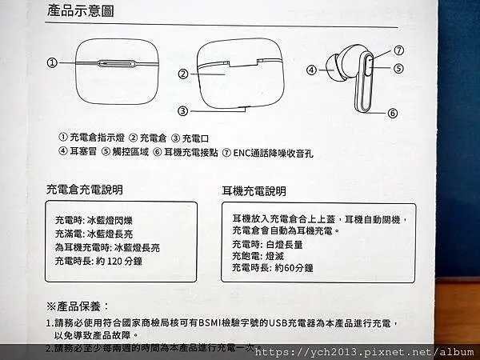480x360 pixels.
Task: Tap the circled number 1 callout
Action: coord(52,62)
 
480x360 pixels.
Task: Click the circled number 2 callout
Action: coord(182,74)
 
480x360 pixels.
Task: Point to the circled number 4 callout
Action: coord(310,70)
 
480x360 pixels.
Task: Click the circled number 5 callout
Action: coord(398,68)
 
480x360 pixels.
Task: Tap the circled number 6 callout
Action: coord(392,113)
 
